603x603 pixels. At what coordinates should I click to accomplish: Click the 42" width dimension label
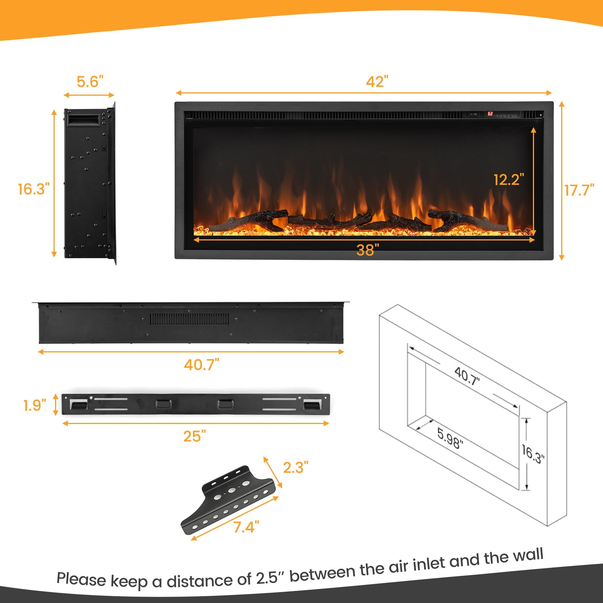(376, 81)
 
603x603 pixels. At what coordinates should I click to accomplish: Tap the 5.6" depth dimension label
(90, 81)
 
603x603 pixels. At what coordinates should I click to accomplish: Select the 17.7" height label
(579, 190)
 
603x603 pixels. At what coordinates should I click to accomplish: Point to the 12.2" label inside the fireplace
(509, 180)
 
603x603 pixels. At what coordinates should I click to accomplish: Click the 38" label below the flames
(367, 250)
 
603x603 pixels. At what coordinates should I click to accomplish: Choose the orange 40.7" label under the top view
(201, 365)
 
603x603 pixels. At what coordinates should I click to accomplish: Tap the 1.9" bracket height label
(35, 406)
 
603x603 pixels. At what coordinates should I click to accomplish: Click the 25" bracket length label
(194, 436)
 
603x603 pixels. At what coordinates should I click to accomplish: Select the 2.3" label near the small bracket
(295, 468)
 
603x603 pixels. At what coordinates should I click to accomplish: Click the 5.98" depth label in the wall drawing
(450, 438)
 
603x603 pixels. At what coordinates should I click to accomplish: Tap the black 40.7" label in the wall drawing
(467, 376)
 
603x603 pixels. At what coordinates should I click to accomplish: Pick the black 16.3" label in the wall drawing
(533, 454)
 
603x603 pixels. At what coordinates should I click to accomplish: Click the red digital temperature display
(490, 113)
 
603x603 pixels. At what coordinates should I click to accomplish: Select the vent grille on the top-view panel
(190, 319)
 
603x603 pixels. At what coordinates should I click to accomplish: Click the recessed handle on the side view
(83, 120)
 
